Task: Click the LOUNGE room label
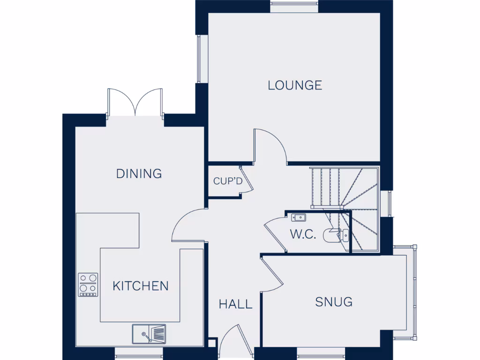(295, 85)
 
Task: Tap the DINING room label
(139, 173)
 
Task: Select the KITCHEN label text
(141, 285)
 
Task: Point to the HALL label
(235, 304)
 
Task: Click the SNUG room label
(334, 302)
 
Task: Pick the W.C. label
(303, 234)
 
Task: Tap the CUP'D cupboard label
(228, 181)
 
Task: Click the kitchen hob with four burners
(88, 285)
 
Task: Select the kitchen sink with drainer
(149, 333)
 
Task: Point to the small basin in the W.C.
(298, 217)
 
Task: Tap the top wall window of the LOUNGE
(294, 7)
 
